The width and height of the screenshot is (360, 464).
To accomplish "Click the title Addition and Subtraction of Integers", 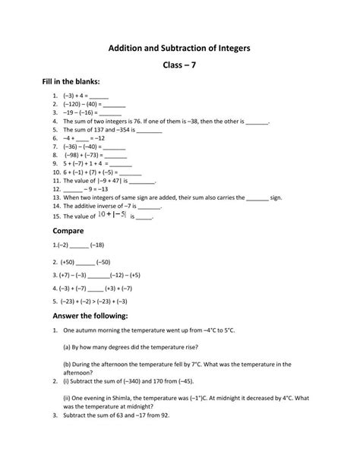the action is (179, 48).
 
